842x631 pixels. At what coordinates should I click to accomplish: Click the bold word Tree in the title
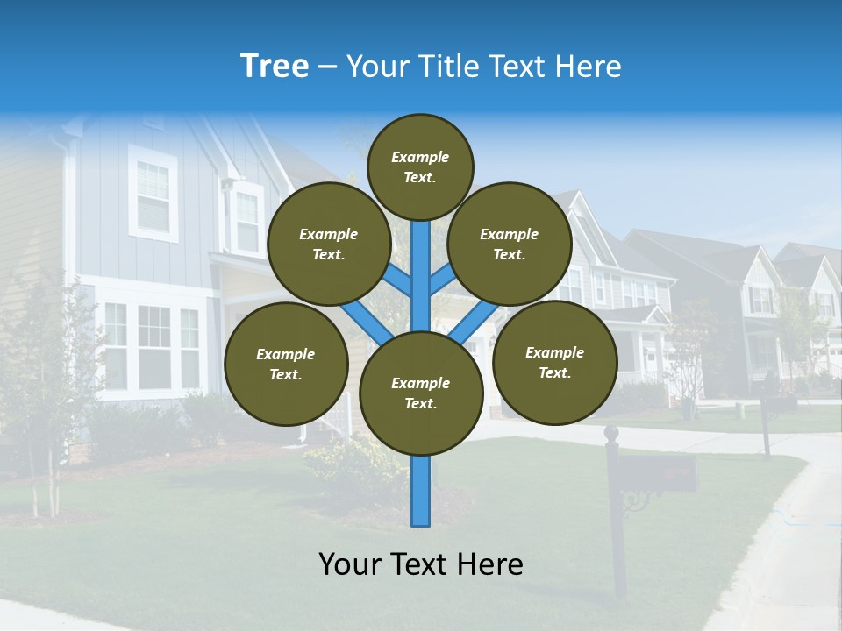click(275, 66)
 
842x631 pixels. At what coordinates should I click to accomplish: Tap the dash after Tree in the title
click(327, 67)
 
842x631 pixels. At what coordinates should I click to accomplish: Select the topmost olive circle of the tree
click(420, 167)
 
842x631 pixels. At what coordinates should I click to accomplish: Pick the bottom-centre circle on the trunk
click(421, 393)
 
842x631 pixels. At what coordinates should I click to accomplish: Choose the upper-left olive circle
click(329, 244)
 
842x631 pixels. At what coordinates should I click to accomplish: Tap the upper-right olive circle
click(510, 244)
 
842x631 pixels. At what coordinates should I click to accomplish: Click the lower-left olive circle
click(286, 364)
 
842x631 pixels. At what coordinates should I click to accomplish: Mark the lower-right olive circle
click(554, 362)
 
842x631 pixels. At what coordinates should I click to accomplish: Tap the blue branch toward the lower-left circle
click(364, 323)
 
